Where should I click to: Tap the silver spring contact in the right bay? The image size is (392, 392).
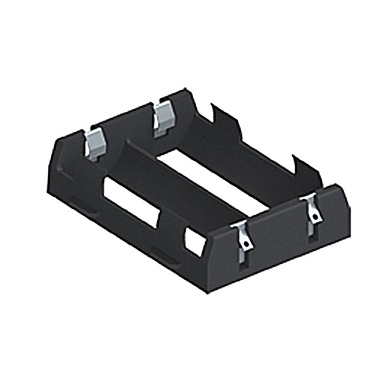click(x=162, y=118)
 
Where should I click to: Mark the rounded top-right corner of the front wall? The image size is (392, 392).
click(x=343, y=189)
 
